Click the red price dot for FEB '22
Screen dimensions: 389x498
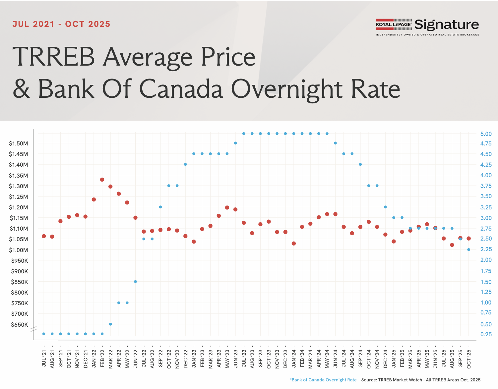102,180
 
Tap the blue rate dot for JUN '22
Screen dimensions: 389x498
135,282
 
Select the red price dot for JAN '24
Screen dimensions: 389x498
294,244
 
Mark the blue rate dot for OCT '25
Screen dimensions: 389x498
468,250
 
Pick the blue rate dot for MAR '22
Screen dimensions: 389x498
110,324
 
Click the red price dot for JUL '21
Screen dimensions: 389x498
44,236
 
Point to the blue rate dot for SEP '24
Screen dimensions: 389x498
360,164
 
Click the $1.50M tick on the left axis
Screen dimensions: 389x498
19,143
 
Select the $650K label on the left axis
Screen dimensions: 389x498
20,325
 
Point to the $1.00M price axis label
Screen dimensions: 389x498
19,250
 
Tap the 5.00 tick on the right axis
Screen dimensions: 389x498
486,134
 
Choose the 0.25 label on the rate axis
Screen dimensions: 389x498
486,334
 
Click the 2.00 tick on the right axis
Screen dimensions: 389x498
486,260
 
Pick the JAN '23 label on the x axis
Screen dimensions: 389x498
194,358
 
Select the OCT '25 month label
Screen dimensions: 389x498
469,359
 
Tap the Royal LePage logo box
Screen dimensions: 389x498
394,25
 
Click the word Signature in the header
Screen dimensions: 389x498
447,25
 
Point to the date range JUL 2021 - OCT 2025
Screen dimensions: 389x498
61,24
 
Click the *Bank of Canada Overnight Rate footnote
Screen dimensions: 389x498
323,380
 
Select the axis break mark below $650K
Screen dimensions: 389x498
33,329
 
